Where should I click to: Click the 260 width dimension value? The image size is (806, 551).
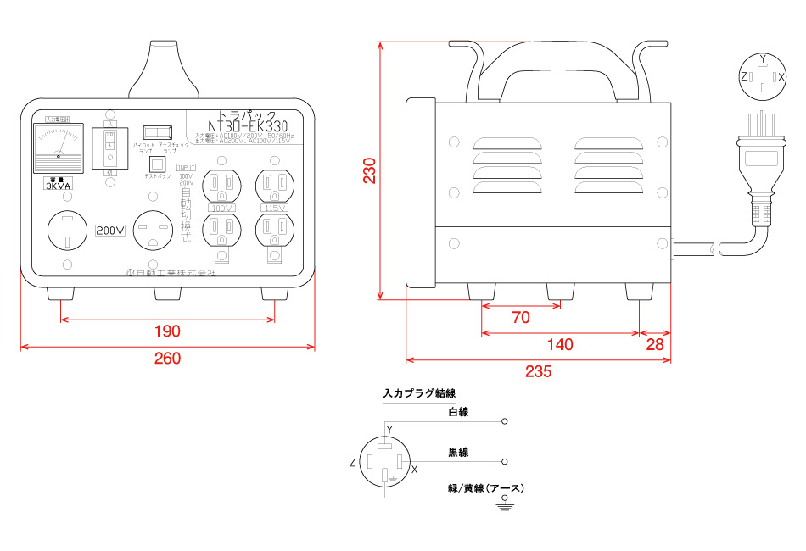[x=167, y=359]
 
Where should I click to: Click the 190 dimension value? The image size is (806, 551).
[x=167, y=331]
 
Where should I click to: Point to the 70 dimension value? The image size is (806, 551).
[x=521, y=318]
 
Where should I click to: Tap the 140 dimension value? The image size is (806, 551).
[x=559, y=344]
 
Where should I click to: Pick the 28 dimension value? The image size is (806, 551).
[x=654, y=344]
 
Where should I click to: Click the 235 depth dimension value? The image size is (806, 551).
[x=538, y=370]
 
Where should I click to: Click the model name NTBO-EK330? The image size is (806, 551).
[x=248, y=125]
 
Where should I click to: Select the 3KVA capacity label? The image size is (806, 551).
[x=58, y=186]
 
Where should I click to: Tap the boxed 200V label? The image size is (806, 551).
[x=110, y=230]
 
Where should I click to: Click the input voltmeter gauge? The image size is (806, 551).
[x=58, y=145]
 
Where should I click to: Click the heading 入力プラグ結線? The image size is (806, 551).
[x=419, y=393]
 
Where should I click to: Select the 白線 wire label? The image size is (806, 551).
[x=458, y=412]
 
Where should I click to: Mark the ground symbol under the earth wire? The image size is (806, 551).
[x=506, y=506]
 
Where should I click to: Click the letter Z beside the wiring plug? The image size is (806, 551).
[x=352, y=463]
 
